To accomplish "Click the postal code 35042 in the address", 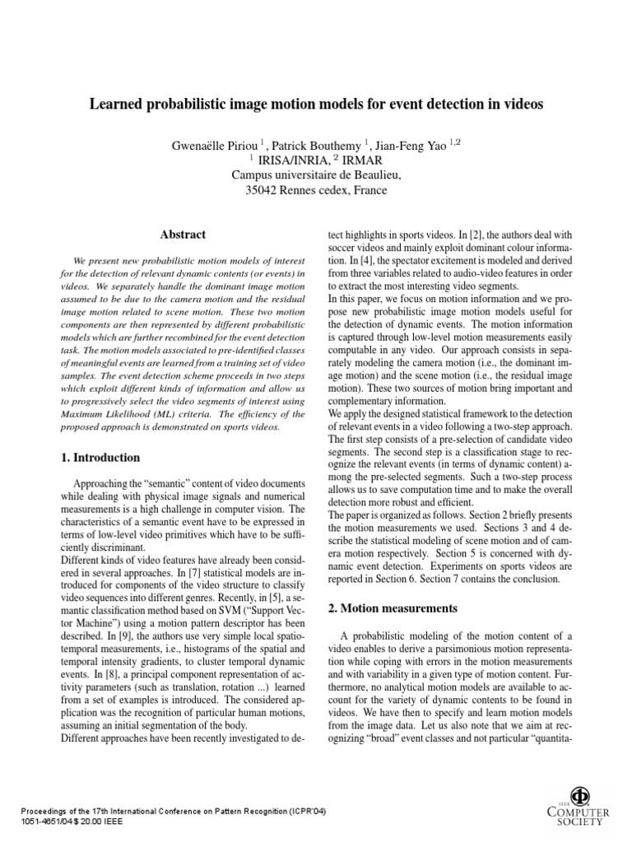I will click(265, 190).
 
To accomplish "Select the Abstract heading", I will click(184, 235).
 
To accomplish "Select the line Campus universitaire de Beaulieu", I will click(315, 175).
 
